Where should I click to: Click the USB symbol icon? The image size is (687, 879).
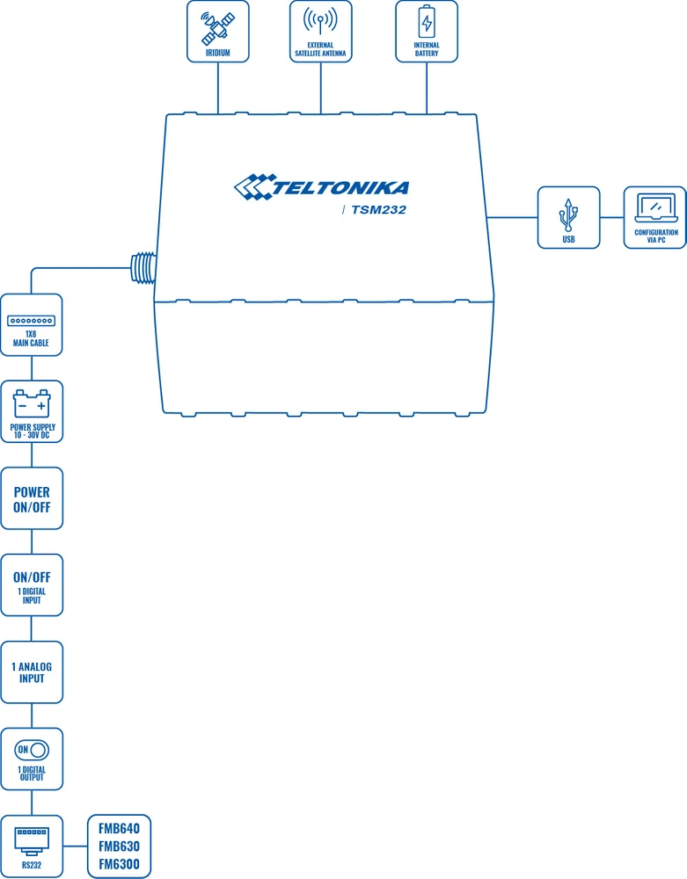[568, 214]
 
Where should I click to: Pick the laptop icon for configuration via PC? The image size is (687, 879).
[654, 208]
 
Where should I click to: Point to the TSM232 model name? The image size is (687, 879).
[378, 210]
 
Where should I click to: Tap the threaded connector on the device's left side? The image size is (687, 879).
[142, 267]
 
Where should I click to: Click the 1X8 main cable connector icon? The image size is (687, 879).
[32, 322]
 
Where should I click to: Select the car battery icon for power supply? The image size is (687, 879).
[32, 405]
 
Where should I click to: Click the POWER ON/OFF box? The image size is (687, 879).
[32, 499]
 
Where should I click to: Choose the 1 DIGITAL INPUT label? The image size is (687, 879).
[32, 596]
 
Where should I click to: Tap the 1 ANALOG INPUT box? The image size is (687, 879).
[32, 672]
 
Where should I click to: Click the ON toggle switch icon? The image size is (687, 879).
[32, 750]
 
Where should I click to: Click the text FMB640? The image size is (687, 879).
[119, 829]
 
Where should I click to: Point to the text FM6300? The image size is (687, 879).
[119, 864]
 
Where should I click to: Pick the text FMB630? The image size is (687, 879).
[119, 846]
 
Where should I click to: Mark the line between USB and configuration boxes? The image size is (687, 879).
[611, 217]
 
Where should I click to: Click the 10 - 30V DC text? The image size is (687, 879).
[32, 435]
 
